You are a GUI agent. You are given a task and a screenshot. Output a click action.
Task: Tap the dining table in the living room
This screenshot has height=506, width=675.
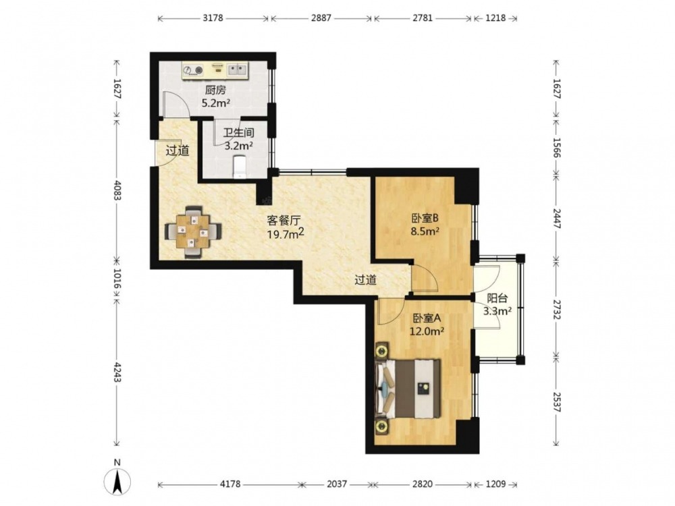[x=193, y=232]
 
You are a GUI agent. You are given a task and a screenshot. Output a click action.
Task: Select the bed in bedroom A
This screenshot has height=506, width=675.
[x=408, y=389]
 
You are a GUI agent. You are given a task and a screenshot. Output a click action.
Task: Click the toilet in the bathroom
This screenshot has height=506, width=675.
[x=240, y=166]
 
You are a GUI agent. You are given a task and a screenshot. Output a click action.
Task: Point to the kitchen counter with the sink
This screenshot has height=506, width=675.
[x=215, y=71]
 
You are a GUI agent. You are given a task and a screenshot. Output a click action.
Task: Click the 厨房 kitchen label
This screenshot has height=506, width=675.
[x=215, y=90]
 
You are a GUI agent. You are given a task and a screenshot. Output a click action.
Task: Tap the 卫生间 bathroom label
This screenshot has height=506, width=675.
[x=238, y=132]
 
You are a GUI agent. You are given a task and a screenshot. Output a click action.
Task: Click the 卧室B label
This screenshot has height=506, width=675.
[x=424, y=218]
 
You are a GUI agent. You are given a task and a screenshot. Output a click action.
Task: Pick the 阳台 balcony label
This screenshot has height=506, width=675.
[x=497, y=298]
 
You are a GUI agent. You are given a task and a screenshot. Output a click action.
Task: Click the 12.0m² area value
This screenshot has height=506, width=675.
[x=426, y=331]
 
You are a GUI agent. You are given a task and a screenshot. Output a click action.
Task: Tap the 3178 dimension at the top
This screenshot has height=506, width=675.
[x=213, y=18]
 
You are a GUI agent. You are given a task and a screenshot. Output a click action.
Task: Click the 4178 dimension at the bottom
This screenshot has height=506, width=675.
[x=230, y=484]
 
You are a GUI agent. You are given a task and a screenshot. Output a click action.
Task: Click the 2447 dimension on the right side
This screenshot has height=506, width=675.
[x=557, y=219]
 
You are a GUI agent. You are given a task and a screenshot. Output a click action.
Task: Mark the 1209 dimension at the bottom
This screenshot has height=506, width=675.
[x=495, y=484]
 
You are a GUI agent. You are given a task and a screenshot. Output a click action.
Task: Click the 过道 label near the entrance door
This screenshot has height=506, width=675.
[x=178, y=151]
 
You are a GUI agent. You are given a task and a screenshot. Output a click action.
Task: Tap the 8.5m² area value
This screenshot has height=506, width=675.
[x=425, y=231]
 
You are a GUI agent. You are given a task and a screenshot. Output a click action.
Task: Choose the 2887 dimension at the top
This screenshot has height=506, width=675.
[x=321, y=18]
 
